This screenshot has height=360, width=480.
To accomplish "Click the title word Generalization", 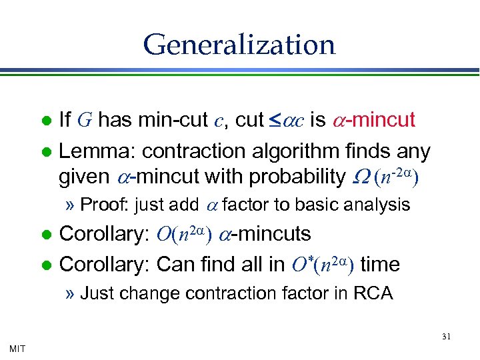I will [239, 45].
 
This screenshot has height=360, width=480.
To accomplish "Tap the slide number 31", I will [446, 337].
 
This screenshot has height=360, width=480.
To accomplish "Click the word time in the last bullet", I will [379, 265].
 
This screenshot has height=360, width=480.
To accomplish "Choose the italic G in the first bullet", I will [84, 121].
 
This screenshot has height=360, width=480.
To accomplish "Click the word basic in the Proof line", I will [319, 205].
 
